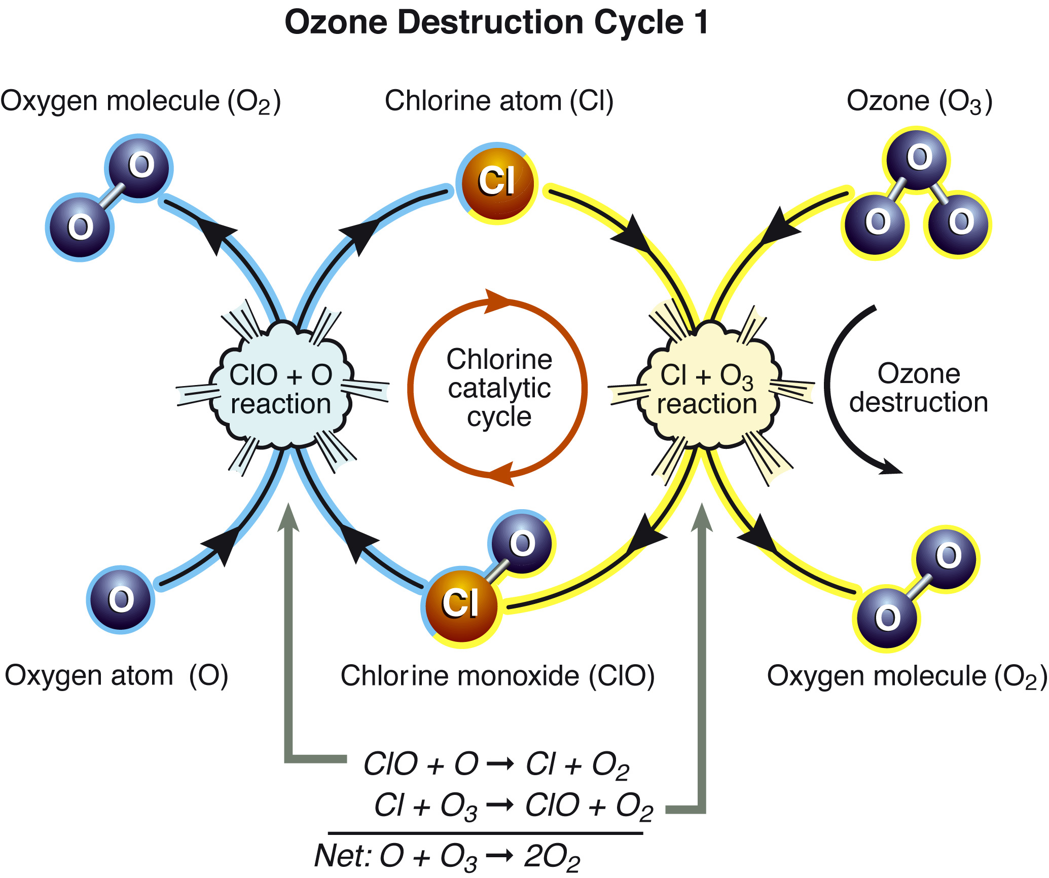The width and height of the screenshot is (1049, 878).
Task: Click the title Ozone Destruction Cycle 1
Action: pos(496,23)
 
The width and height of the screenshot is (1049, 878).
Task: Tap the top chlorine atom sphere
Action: pos(497,183)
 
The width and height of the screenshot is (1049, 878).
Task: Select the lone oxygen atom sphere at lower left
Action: pos(121,599)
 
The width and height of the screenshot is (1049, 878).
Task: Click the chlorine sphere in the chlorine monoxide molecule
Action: pos(461,606)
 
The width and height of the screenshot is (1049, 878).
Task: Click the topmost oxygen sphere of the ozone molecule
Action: pos(917,159)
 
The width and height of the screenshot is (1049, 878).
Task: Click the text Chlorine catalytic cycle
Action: pos(499,388)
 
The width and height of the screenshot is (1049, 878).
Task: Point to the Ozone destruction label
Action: pos(919,388)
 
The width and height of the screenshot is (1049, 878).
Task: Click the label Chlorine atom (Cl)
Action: pos(499,101)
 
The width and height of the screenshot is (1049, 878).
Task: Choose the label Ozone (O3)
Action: pos(920,101)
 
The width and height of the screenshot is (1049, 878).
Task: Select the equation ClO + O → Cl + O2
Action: pos(496,765)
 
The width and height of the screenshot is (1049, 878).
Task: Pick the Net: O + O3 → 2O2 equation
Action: pos(447,857)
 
